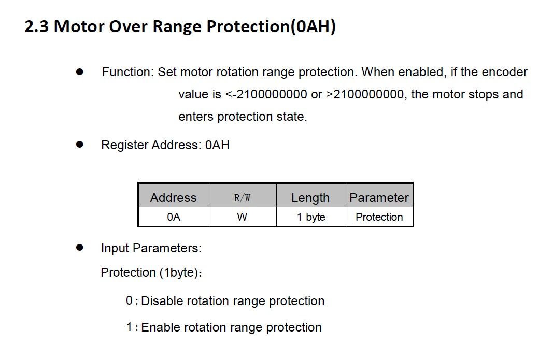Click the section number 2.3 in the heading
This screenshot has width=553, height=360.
37,26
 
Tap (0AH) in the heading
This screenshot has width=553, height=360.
313,27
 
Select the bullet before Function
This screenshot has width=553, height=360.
80,72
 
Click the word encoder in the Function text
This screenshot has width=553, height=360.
504,72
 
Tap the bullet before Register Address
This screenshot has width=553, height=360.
80,145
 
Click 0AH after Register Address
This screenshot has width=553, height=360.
217,145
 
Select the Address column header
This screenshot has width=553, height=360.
173,197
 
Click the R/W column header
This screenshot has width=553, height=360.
242,198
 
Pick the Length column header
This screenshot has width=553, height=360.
310,198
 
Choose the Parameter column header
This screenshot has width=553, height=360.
379,198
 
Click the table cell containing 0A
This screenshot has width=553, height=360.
174,217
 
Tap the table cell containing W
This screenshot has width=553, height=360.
242,217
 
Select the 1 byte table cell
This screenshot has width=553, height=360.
311,217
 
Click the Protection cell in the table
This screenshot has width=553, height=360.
379,217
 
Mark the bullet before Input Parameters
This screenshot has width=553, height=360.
80,248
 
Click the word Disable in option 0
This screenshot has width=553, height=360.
162,301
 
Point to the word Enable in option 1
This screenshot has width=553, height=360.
160,327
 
